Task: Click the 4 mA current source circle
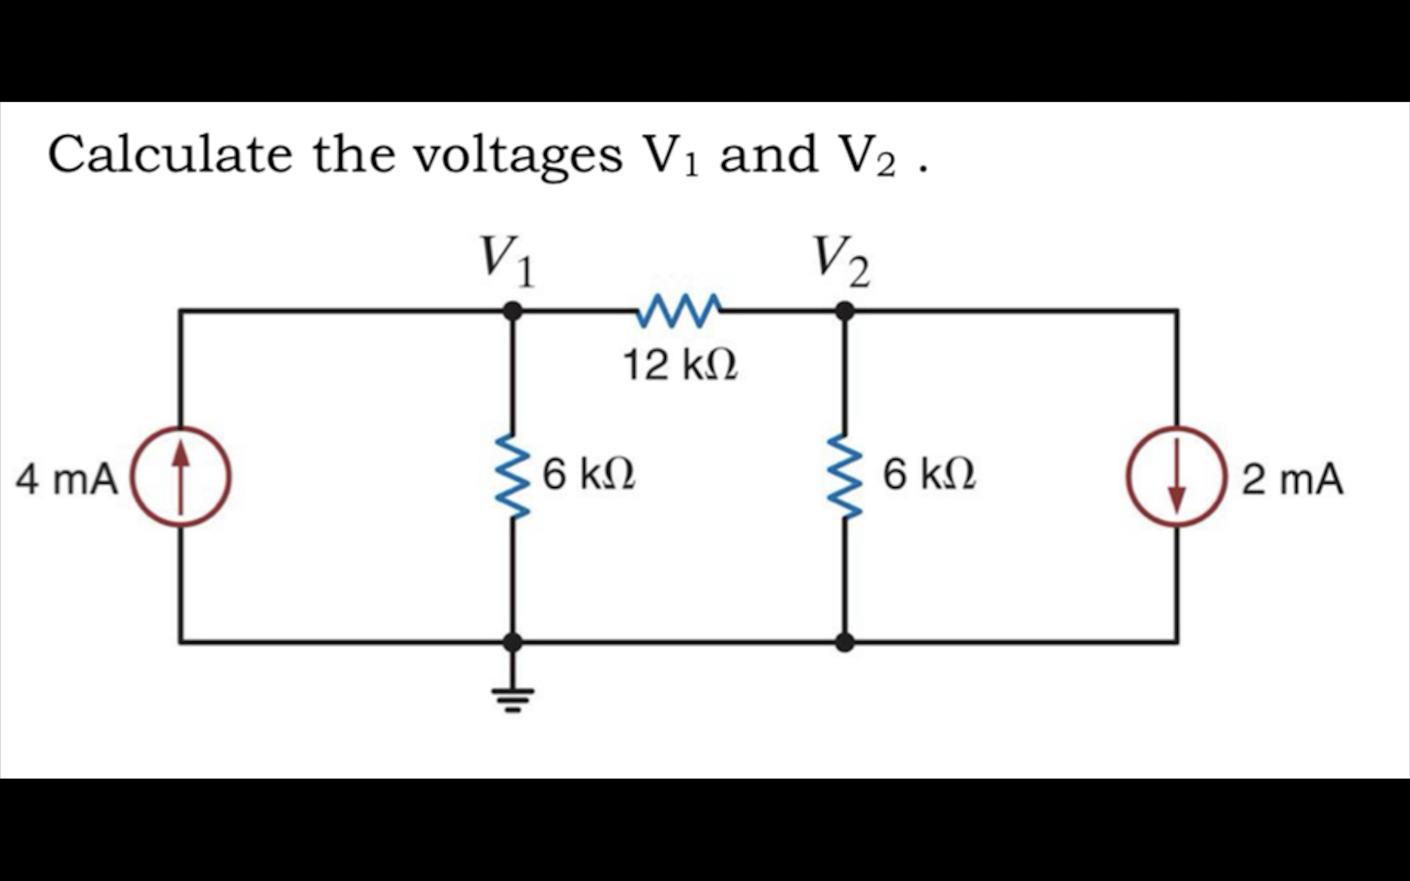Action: (180, 477)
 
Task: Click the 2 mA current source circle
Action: (1177, 477)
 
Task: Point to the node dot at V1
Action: (513, 311)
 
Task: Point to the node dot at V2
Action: (845, 311)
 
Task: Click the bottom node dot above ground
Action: (513, 642)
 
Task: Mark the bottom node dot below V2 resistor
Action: (845, 642)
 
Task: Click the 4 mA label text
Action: (67, 480)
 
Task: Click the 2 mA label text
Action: (1292, 480)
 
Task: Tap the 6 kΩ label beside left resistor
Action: (588, 475)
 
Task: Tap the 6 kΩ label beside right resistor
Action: (929, 475)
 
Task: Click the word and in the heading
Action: (768, 154)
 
